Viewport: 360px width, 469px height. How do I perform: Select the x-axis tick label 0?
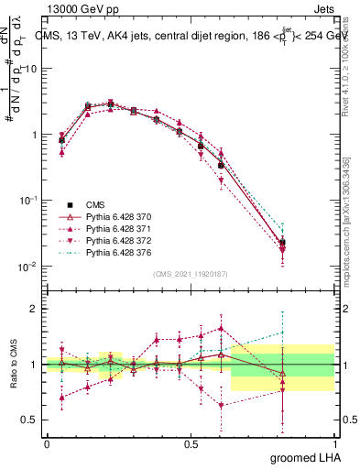pos(47,442)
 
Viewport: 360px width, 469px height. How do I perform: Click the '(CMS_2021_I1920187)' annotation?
pos(190,274)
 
